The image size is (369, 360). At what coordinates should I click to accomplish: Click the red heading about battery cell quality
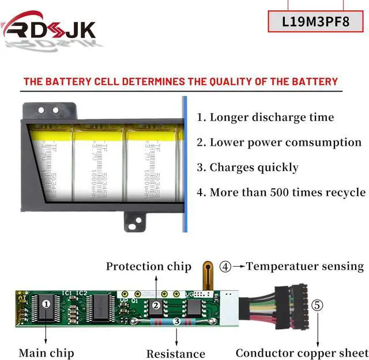pos(180,81)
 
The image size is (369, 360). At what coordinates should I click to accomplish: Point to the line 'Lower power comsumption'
pos(278,142)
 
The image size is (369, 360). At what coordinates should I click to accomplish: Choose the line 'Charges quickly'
pos(247,168)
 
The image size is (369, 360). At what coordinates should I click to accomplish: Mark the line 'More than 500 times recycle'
pos(281,192)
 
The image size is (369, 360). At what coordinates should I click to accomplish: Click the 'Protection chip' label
pos(148,266)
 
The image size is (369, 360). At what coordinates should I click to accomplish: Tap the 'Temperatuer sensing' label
pos(305,266)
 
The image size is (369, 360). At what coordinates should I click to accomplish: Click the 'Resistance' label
pos(175,353)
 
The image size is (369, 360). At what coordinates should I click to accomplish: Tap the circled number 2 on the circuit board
pos(156,306)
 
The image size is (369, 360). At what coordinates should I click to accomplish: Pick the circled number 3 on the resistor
pos(175,323)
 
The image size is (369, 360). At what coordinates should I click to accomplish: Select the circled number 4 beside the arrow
pos(225,266)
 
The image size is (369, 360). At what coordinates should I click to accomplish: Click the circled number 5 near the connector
pos(318,305)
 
